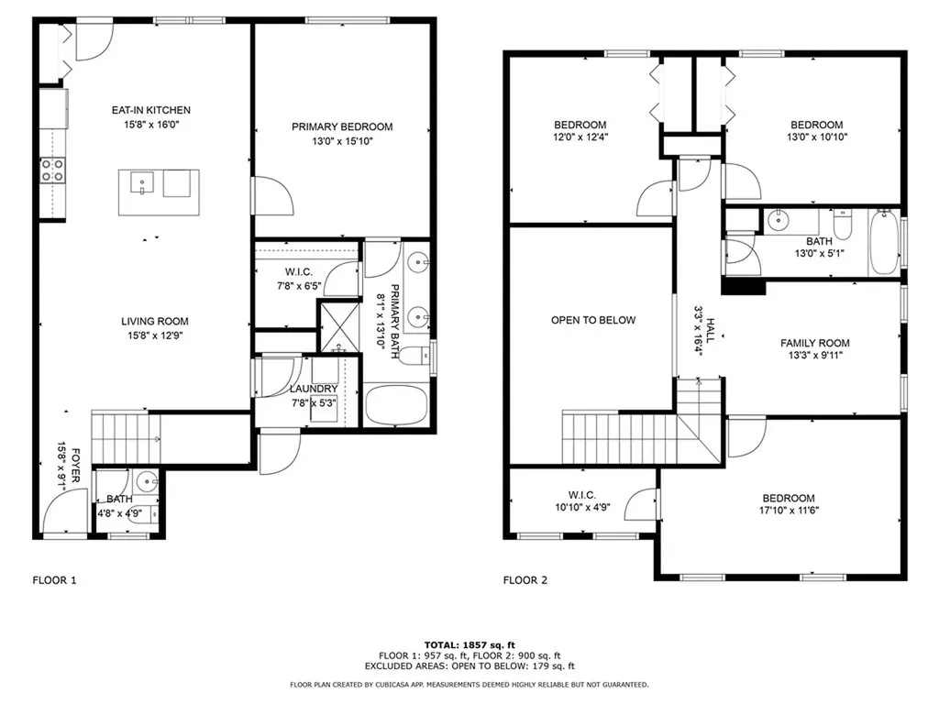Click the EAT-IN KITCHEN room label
tap(151, 110)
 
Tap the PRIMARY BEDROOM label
tap(342, 126)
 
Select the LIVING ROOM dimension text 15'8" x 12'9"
tap(154, 335)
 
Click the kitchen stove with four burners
tap(52, 170)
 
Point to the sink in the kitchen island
tap(142, 182)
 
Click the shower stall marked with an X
tap(339, 327)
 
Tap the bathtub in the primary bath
tap(396, 404)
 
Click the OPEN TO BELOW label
tap(593, 320)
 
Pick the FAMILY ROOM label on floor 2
tap(814, 343)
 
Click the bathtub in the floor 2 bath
tap(884, 242)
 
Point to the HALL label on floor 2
tap(711, 330)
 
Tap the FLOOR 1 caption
tap(54, 580)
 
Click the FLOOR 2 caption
tap(525, 580)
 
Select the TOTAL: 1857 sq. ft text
tap(469, 645)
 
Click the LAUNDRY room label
tap(314, 389)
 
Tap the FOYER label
tap(76, 465)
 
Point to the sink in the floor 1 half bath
tap(146, 480)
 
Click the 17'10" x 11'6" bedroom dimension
tap(788, 511)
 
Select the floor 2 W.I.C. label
tap(582, 495)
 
